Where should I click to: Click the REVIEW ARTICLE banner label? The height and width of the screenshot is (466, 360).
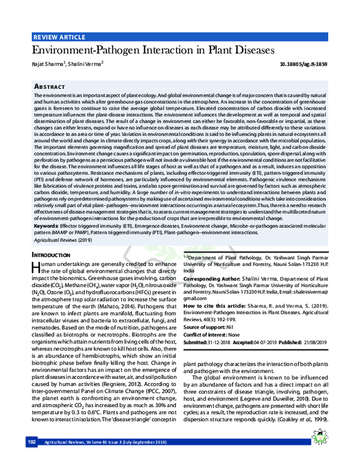59,37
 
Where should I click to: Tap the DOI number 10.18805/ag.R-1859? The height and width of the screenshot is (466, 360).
304,64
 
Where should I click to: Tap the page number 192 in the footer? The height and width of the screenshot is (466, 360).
32,459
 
